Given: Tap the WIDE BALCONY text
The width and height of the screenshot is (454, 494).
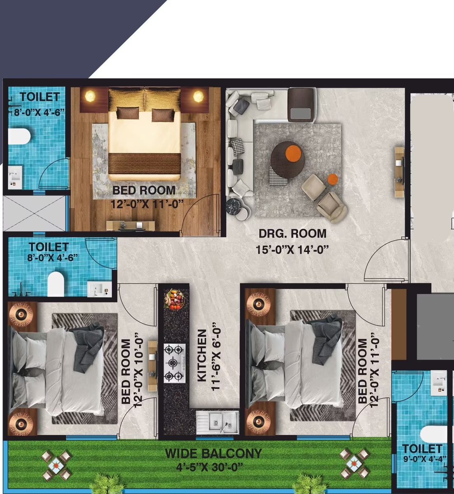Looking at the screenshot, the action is pyautogui.click(x=213, y=453).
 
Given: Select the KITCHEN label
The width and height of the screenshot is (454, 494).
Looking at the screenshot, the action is pyautogui.click(x=202, y=356).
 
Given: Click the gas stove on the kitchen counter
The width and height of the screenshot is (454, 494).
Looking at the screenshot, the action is pyautogui.click(x=174, y=363).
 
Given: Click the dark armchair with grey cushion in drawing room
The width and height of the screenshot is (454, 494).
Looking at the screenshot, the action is pyautogui.click(x=302, y=105).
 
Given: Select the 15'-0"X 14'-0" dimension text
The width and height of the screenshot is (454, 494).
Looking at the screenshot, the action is pyautogui.click(x=292, y=250).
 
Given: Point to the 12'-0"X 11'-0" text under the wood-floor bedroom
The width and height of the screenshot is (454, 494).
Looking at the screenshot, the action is pyautogui.click(x=147, y=204).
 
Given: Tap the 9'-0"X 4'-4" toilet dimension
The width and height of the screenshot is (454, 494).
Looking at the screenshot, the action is pyautogui.click(x=425, y=459).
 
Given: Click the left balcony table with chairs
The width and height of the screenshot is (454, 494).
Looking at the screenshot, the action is pyautogui.click(x=56, y=465).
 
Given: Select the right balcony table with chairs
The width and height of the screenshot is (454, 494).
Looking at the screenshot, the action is pyautogui.click(x=354, y=464).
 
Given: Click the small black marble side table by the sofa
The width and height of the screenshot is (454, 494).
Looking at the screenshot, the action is pyautogui.click(x=234, y=206).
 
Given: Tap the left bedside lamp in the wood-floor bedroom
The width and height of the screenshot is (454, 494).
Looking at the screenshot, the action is pyautogui.click(x=90, y=96).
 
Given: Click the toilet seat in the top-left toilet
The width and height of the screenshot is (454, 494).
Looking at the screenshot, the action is pyautogui.click(x=19, y=136).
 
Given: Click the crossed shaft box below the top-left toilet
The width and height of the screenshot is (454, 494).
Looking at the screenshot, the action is pyautogui.click(x=35, y=214).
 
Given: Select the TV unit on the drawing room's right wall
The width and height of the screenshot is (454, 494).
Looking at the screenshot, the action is pyautogui.click(x=399, y=172).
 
